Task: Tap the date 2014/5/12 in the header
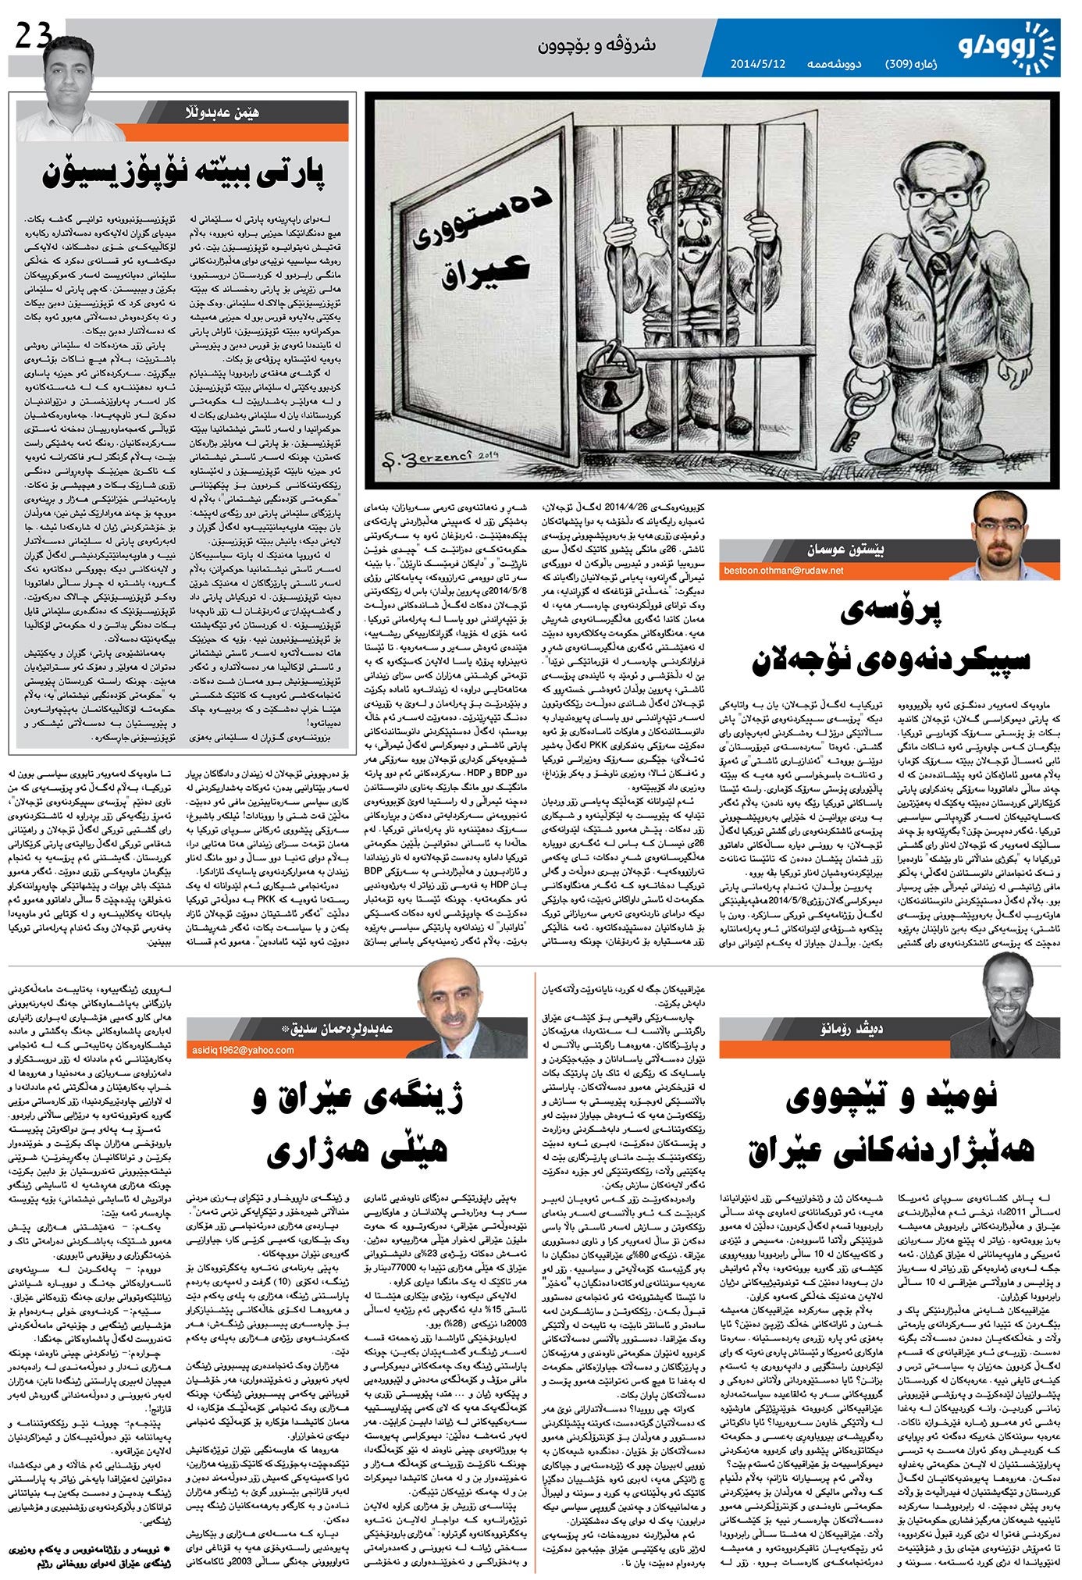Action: click(757, 64)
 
